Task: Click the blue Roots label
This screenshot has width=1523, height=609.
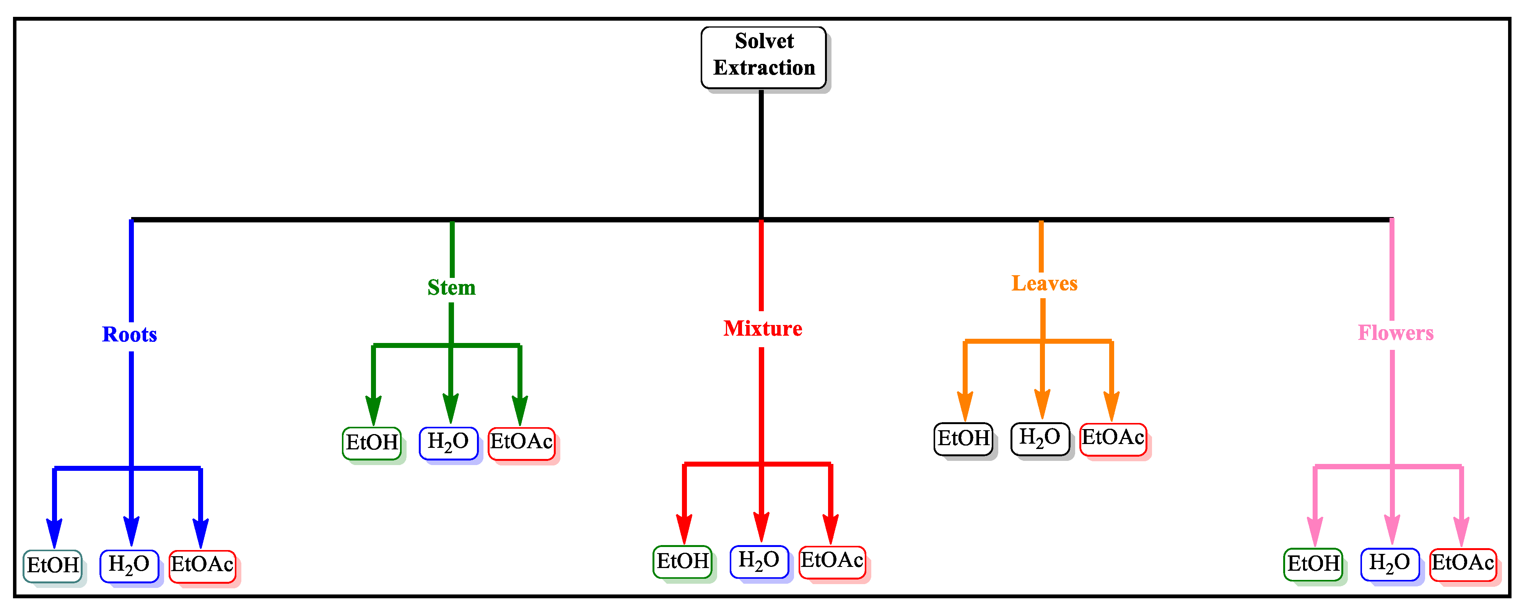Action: (130, 335)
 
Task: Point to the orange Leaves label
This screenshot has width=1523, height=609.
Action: (1044, 284)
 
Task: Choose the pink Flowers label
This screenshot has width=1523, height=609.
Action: (1395, 333)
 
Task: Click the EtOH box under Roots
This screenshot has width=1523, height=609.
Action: (53, 565)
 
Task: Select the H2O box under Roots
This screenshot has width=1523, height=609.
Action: (129, 565)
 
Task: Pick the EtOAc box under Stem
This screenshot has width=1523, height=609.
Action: (521, 443)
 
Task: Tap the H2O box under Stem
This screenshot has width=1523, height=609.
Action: (448, 443)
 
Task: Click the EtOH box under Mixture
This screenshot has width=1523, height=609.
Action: (682, 561)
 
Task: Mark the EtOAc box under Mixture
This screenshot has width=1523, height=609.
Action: (832, 561)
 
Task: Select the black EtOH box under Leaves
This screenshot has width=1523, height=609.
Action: (963, 439)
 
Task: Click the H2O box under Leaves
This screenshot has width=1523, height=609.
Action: (1040, 439)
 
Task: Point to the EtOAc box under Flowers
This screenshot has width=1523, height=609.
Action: (1463, 563)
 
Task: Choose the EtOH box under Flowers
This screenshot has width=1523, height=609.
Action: (1313, 563)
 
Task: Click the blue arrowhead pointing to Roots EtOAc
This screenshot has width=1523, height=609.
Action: (200, 531)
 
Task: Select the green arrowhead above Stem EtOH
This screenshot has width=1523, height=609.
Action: (373, 408)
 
